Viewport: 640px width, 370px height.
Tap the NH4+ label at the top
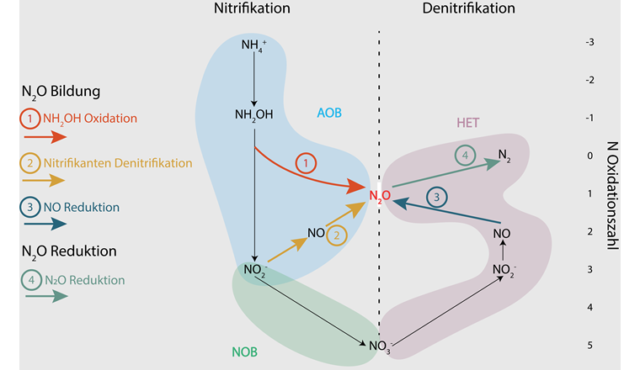[x=253, y=45]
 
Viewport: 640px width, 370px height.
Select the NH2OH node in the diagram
[x=254, y=115]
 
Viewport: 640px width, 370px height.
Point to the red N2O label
[x=379, y=196]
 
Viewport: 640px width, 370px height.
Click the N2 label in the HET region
[x=504, y=155]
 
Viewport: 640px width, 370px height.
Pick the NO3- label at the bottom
[x=379, y=345]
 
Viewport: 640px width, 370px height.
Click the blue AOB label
[x=328, y=112]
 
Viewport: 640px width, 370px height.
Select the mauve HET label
[x=469, y=121]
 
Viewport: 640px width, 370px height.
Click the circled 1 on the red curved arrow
[x=307, y=161]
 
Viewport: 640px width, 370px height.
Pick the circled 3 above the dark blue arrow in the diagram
[x=437, y=197]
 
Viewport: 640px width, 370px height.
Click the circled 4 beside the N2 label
[x=466, y=155]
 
